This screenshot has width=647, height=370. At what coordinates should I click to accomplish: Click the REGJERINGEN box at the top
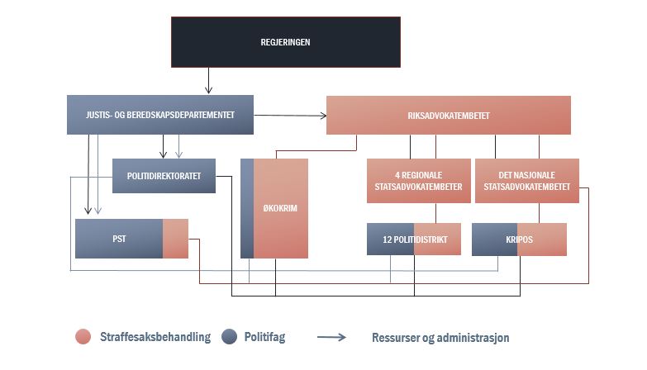coord(286,40)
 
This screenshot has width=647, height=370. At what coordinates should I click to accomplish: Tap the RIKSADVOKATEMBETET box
coord(449,115)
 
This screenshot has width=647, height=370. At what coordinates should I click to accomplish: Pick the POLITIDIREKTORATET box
coord(164,175)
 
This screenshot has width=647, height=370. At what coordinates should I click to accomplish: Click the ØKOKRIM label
coord(280,208)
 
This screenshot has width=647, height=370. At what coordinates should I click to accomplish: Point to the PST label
coord(119,239)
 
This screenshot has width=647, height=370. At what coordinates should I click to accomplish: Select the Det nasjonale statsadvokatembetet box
coord(526,180)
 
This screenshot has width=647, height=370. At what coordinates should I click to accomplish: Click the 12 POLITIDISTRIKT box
coord(412,239)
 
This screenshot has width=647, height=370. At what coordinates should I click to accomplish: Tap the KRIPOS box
coord(519,239)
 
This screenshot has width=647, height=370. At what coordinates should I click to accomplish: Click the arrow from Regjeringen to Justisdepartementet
coord(208,80)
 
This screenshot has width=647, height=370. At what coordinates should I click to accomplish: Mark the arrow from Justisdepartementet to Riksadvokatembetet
coord(290,116)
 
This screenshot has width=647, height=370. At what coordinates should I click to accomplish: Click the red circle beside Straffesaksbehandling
coord(83,337)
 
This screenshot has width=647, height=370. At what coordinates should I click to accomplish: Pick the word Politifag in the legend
coord(264,337)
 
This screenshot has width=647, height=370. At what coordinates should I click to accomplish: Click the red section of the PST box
coord(175,239)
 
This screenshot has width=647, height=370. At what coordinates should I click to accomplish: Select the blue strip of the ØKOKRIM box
coord(246,208)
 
